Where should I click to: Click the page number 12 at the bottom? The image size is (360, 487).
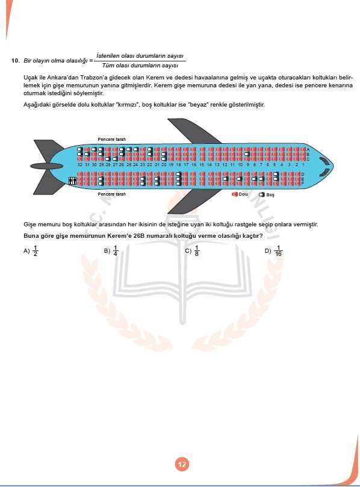[181, 464]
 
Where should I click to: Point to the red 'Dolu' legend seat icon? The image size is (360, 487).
[235, 194]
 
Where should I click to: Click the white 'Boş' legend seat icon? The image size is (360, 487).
[262, 194]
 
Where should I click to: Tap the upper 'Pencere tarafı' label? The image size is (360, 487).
[112, 140]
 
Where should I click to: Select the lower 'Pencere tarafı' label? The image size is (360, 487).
[112, 194]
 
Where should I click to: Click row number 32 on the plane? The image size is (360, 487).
[80, 164]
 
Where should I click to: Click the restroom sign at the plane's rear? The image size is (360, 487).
[73, 180]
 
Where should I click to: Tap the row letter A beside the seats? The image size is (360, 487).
[308, 149]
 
